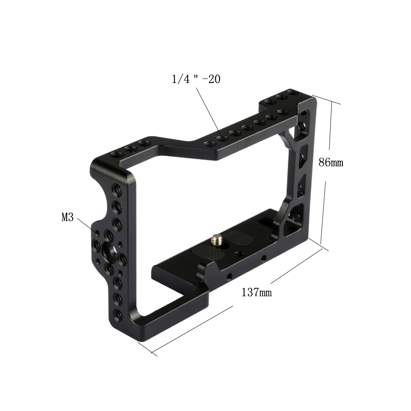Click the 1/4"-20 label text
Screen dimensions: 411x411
(x=196, y=79)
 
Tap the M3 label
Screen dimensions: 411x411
(x=68, y=217)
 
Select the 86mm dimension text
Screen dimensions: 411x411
(x=331, y=162)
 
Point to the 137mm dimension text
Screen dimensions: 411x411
(x=256, y=292)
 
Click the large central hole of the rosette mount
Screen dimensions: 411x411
(x=109, y=249)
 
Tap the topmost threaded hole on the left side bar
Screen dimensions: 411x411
(x=116, y=189)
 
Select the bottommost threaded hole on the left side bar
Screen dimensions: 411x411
(x=119, y=314)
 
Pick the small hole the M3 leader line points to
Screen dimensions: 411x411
(x=97, y=232)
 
